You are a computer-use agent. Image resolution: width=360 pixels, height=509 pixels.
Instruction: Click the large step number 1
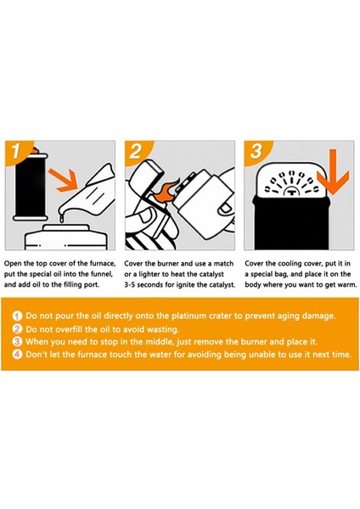point(16,151)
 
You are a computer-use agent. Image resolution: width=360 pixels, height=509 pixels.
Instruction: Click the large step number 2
point(136,151)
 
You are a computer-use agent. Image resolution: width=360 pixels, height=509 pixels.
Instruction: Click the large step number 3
point(256,151)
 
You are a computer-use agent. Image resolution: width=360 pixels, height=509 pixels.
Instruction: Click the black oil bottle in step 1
point(31,185)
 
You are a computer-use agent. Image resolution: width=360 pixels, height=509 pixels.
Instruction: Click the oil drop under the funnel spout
point(60,219)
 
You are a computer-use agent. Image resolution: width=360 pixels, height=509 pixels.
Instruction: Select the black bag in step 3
point(291,223)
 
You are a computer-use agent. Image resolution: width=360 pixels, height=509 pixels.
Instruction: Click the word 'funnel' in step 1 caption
point(102,274)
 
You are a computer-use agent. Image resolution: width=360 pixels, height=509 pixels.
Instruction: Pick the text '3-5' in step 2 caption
point(130,285)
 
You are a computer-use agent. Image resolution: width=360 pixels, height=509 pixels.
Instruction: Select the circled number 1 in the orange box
point(18,316)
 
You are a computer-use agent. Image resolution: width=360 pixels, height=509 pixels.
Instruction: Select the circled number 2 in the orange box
point(18,329)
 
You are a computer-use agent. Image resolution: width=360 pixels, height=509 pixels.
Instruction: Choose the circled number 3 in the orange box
point(18,342)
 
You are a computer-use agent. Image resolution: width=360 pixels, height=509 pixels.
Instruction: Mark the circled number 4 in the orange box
point(18,354)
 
